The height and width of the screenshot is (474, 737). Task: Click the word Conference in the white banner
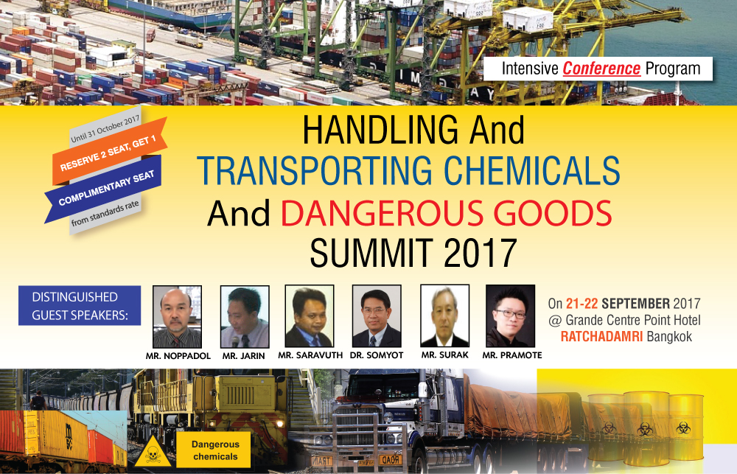[x=601, y=69]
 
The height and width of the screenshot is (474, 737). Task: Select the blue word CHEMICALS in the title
[x=532, y=170]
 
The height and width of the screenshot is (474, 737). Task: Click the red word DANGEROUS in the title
[x=382, y=213]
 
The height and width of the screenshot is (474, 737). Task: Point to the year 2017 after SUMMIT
[x=480, y=253]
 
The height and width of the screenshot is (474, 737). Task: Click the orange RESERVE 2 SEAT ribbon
[x=109, y=151]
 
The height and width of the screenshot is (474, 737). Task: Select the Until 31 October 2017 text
[x=105, y=129]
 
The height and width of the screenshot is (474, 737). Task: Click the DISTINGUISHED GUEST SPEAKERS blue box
[x=80, y=306]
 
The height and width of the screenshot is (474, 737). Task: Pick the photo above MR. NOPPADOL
[x=177, y=316]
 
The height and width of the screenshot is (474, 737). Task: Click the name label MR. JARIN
[x=243, y=356]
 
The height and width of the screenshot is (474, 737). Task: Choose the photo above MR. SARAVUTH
[x=310, y=316]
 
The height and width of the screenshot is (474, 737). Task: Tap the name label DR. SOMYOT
[x=377, y=355]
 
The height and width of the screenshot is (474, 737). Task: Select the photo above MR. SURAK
[x=444, y=316]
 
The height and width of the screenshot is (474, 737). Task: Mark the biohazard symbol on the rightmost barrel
[x=683, y=428]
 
